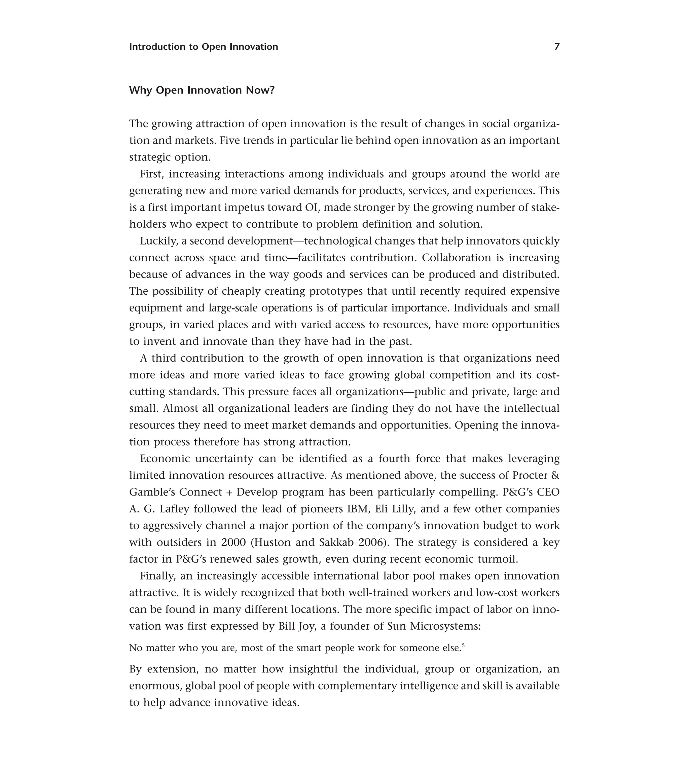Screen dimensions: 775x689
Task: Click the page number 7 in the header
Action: pyautogui.click(x=557, y=47)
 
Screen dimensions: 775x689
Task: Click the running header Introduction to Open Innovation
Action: pyautogui.click(x=203, y=47)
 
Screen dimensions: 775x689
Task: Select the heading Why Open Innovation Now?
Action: pyautogui.click(x=202, y=90)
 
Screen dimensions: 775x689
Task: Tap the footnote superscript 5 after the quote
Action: pyautogui.click(x=463, y=645)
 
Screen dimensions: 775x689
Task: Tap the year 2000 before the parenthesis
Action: pyautogui.click(x=233, y=542)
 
